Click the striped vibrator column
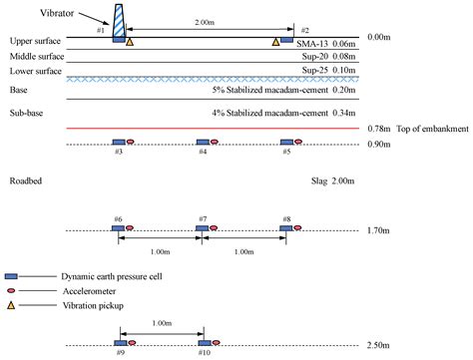click(119, 21)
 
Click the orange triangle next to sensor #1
click(131, 42)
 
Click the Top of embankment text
click(431, 129)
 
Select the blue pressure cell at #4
click(203, 144)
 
